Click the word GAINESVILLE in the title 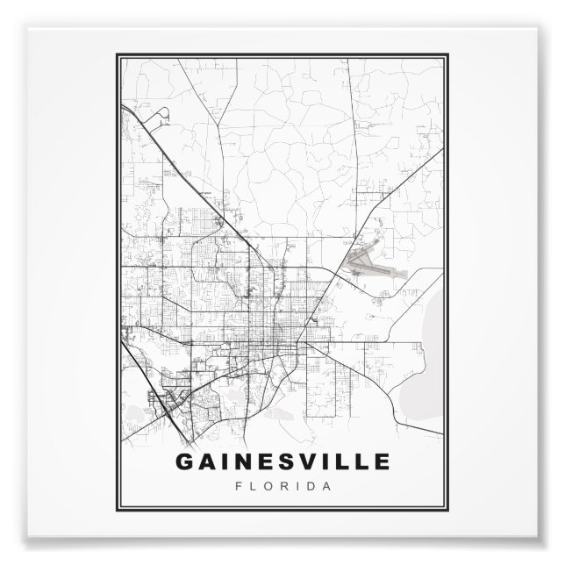282,461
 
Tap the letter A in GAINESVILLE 208,461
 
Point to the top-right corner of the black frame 449,54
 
